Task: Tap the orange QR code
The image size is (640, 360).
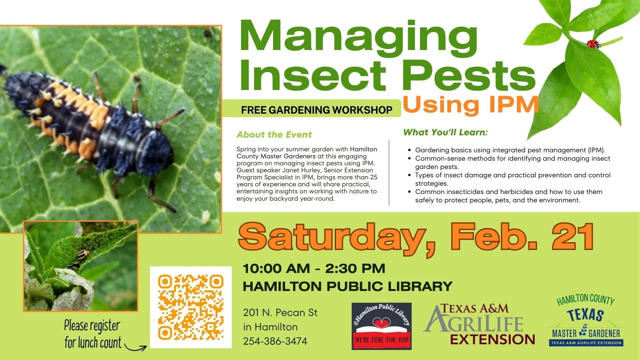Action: click(191, 307)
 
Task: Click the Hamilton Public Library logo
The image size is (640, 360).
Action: click(381, 326)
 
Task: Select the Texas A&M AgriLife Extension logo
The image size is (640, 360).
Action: click(479, 324)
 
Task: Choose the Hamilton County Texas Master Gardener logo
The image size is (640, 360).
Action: click(586, 321)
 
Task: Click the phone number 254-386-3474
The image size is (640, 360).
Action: click(275, 341)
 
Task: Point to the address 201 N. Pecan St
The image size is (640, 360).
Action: click(280, 313)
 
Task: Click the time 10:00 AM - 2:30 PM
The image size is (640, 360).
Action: click(314, 269)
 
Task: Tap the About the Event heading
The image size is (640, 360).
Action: click(274, 135)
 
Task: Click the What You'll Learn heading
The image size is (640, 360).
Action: click(445, 132)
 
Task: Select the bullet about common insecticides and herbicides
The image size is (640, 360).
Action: click(508, 196)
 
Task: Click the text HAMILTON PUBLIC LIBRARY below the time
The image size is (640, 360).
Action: click(347, 286)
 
